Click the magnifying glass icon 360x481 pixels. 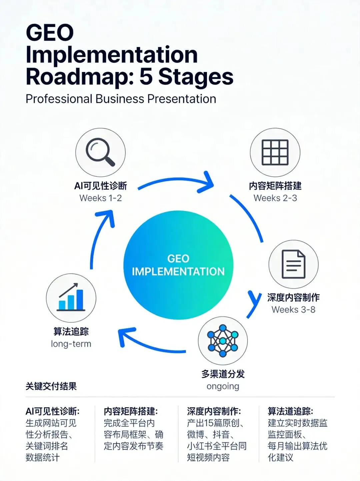[100, 152]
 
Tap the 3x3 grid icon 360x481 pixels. [275, 152]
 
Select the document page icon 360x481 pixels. [293, 264]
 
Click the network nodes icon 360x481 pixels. [223, 341]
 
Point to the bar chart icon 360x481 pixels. [71, 297]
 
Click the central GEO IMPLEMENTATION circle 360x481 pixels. [178, 265]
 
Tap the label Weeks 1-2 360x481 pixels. [101, 198]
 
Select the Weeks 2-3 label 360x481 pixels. [275, 198]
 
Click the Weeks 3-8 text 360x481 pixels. [293, 310]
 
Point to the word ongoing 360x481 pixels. [223, 386]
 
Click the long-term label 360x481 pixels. [71, 344]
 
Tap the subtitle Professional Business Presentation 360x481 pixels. [121, 99]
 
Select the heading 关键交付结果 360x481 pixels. [51, 386]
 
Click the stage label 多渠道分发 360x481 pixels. [223, 374]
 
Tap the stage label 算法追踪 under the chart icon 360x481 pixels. [71, 331]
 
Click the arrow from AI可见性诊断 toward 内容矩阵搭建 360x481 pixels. [175, 180]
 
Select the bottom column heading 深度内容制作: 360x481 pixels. [214, 411]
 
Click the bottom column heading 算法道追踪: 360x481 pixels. [290, 411]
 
